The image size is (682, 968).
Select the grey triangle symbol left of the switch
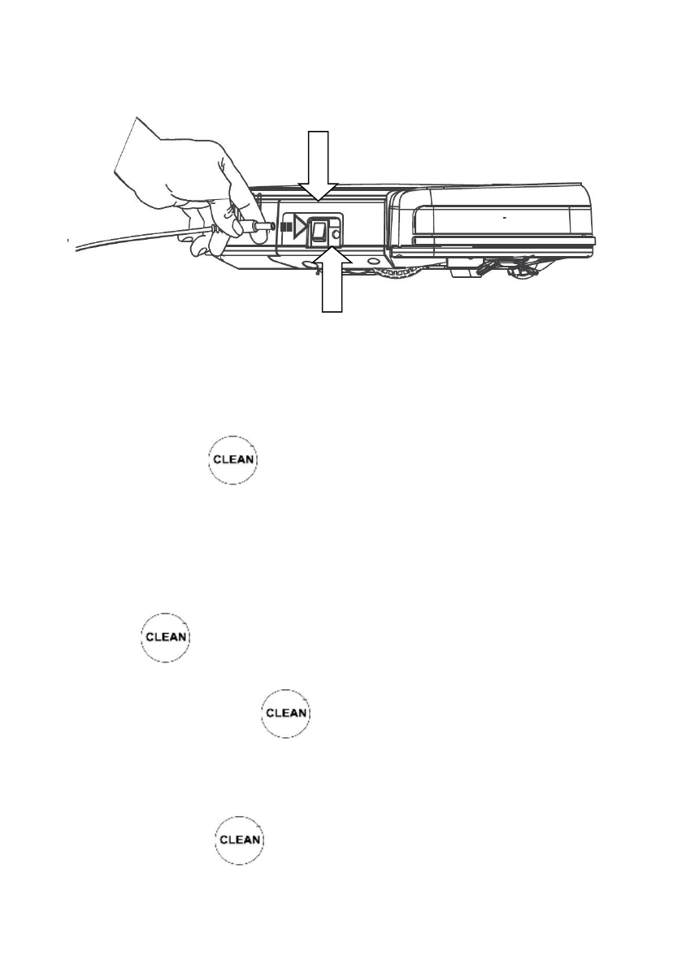click(x=298, y=230)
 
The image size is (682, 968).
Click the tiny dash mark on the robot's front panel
click(x=504, y=219)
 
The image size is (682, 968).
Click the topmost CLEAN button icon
click(x=235, y=460)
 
